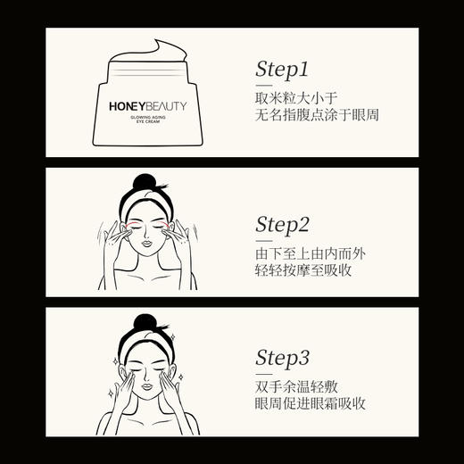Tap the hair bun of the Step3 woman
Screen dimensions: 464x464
click(145, 321)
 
